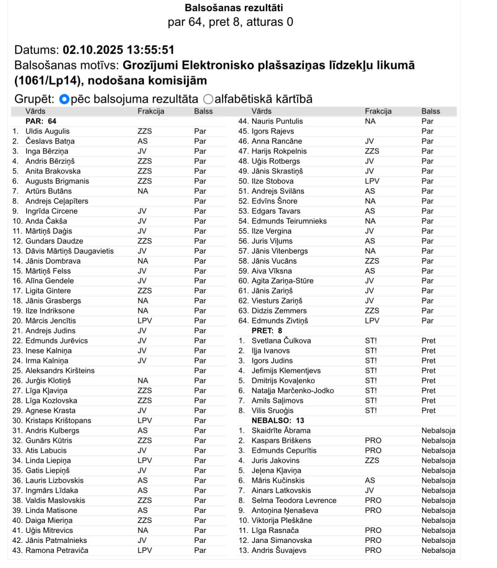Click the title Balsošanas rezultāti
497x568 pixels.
click(233, 8)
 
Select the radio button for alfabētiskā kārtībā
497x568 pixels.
click(208, 99)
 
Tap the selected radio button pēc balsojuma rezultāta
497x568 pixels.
click(64, 99)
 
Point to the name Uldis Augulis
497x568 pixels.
click(47, 131)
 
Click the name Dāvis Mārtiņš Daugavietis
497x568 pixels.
click(69, 251)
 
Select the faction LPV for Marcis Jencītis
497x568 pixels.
click(144, 321)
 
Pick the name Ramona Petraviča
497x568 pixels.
click(57, 550)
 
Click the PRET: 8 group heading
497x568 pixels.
click(267, 331)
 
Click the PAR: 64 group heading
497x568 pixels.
click(41, 121)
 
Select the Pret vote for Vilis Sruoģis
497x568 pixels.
click(428, 411)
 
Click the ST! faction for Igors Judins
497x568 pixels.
click(371, 361)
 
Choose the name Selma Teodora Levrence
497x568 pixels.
click(294, 501)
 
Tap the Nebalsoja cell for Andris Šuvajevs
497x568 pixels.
click(438, 550)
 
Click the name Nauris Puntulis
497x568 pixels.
click(277, 121)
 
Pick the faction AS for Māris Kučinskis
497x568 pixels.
click(369, 480)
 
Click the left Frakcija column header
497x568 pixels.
click(151, 111)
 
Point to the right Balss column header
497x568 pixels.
click(430, 111)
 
